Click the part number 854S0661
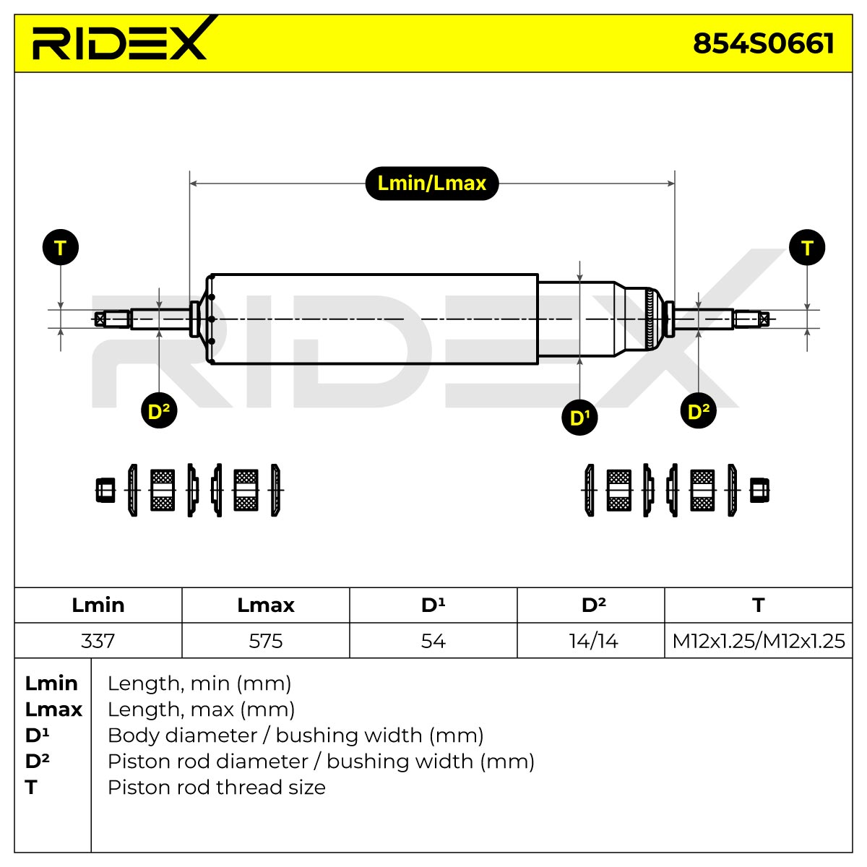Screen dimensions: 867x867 [763, 43]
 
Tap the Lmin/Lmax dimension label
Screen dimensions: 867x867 [432, 183]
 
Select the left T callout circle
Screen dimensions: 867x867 [61, 248]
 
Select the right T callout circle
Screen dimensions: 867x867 [807, 248]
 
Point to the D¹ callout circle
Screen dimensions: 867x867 [579, 417]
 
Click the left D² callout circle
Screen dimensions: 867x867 [159, 410]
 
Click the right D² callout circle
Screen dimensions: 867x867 [698, 410]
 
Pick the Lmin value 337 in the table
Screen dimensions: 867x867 [98, 641]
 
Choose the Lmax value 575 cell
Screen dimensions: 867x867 [266, 641]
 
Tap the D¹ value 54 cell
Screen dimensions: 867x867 [433, 641]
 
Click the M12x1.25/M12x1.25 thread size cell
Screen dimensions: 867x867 [759, 641]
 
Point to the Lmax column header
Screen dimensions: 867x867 [266, 605]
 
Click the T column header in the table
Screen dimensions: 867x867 [759, 605]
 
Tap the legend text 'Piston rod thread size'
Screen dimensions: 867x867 [217, 787]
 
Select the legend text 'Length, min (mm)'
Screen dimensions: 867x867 [199, 683]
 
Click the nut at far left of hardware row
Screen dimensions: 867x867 [105, 490]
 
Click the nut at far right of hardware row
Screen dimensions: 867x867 [759, 490]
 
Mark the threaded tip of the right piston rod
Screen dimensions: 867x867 [751, 319]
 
